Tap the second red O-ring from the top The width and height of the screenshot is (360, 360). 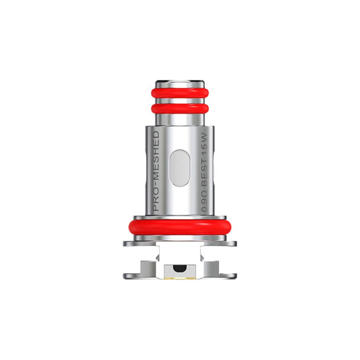(x=180, y=108)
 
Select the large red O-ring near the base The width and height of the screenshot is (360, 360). (x=180, y=226)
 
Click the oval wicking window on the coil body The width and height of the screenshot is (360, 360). (x=180, y=168)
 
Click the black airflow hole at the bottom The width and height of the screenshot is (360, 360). (x=180, y=267)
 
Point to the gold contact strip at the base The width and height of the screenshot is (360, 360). (x=180, y=276)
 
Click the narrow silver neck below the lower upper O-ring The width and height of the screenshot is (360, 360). (x=180, y=119)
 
